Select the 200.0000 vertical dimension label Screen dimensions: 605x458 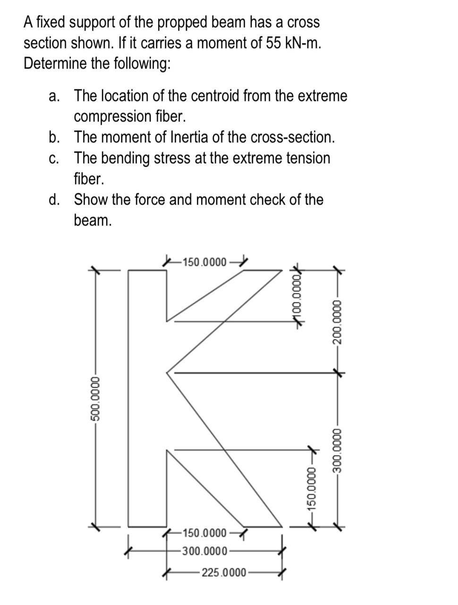coord(337,321)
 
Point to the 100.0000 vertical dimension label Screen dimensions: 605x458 coord(297,295)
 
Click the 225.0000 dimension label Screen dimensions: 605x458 coord(224,573)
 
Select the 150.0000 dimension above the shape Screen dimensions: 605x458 coord(204,261)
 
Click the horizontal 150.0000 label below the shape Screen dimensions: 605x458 coord(204,534)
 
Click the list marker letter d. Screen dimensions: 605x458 coord(54,199)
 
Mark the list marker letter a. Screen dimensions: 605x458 coord(54,95)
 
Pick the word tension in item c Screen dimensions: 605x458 coord(308,158)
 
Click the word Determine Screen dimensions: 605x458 coord(55,63)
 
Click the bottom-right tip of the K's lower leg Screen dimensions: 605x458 coord(282,526)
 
